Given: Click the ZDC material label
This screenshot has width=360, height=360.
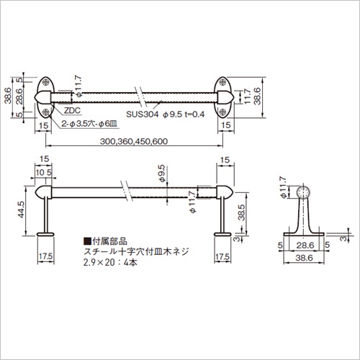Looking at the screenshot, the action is (72, 111).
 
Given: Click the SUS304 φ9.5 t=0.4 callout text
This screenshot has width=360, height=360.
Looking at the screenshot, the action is (166, 114).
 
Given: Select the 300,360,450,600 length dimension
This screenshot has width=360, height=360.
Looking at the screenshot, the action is (134, 141).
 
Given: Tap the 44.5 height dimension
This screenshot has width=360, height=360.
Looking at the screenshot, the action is (21, 210).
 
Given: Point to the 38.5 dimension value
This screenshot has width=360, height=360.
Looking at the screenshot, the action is (241, 212).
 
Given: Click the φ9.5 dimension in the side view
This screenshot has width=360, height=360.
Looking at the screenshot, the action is (161, 173).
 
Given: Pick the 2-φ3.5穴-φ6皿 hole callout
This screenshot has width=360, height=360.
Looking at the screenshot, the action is (89, 124).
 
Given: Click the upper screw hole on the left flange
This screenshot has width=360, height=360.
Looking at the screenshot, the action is (46, 82).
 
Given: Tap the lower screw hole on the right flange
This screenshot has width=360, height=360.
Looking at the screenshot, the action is (223, 112).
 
